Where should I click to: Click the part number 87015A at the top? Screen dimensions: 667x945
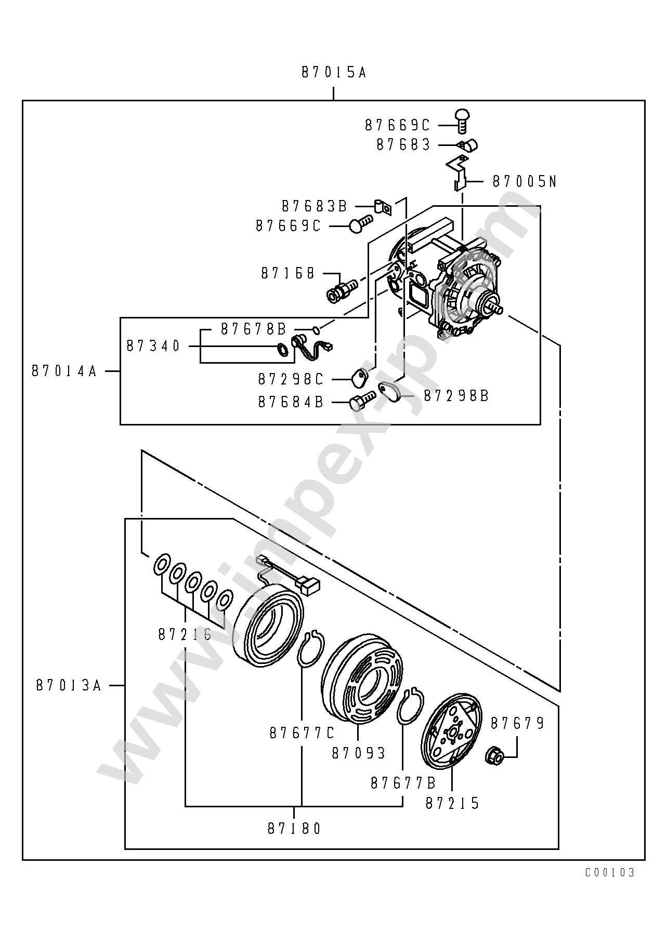pyautogui.click(x=334, y=73)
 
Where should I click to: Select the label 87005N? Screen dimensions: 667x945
pyautogui.click(x=524, y=181)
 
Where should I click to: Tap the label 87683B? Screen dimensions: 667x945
pyautogui.click(x=314, y=206)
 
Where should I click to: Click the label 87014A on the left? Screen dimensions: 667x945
pyautogui.click(x=64, y=371)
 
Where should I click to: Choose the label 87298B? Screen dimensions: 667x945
pyautogui.click(x=456, y=396)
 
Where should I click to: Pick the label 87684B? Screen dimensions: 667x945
pyautogui.click(x=291, y=402)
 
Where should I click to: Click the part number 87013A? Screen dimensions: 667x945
pyautogui.click(x=69, y=685)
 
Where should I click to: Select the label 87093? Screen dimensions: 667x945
pyautogui.click(x=359, y=753)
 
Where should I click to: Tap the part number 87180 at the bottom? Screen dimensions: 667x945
pyautogui.click(x=295, y=828)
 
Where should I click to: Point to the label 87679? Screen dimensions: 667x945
pyautogui.click(x=517, y=723)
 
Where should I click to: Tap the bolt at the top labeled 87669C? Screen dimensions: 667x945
pyautogui.click(x=462, y=120)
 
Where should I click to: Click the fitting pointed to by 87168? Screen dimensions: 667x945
pyautogui.click(x=342, y=290)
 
